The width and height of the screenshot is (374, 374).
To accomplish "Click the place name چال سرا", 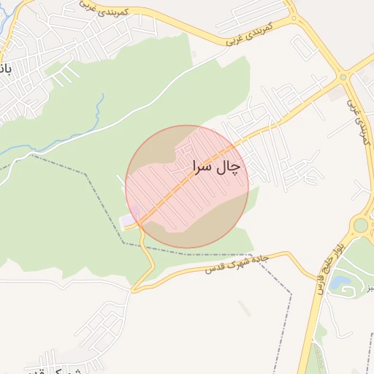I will click(x=216, y=167).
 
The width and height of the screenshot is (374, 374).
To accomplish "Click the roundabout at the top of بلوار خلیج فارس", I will click(x=360, y=224).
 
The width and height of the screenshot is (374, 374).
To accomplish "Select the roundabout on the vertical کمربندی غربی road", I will click(x=342, y=77).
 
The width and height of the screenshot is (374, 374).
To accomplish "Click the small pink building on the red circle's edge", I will click(x=129, y=219).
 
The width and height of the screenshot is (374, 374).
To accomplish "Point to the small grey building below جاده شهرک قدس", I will click(x=244, y=308).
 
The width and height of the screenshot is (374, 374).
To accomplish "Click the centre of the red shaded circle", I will click(x=188, y=186).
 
